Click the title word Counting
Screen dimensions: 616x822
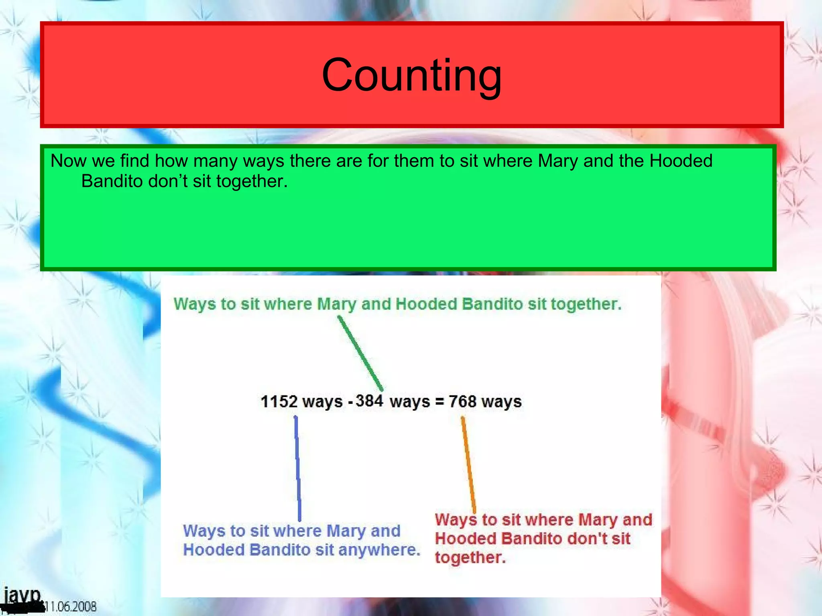point(411,75)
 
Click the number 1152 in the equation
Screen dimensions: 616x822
point(279,401)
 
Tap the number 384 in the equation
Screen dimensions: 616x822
point(369,400)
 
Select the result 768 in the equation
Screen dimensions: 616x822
point(462,401)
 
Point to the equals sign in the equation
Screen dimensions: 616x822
point(439,402)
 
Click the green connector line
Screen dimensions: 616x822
point(360,353)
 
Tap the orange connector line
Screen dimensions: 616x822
point(468,465)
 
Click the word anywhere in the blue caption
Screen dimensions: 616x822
point(379,550)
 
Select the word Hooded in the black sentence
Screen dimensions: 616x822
point(681,161)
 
